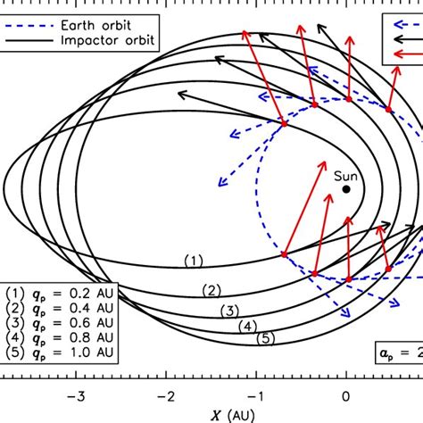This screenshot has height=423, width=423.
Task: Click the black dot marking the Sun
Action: click(346, 189)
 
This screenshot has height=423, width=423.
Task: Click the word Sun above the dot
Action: click(345, 176)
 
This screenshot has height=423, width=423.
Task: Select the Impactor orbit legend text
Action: click(107, 41)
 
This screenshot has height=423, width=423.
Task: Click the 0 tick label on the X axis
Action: click(347, 398)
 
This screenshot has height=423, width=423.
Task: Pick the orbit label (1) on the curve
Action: click(194, 261)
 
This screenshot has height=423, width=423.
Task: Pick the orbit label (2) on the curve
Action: click(211, 290)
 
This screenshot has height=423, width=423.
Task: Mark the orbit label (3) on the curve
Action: click(229, 311)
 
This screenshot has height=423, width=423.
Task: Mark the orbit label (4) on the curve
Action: click(249, 326)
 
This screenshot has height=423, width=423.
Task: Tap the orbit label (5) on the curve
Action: click(265, 339)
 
